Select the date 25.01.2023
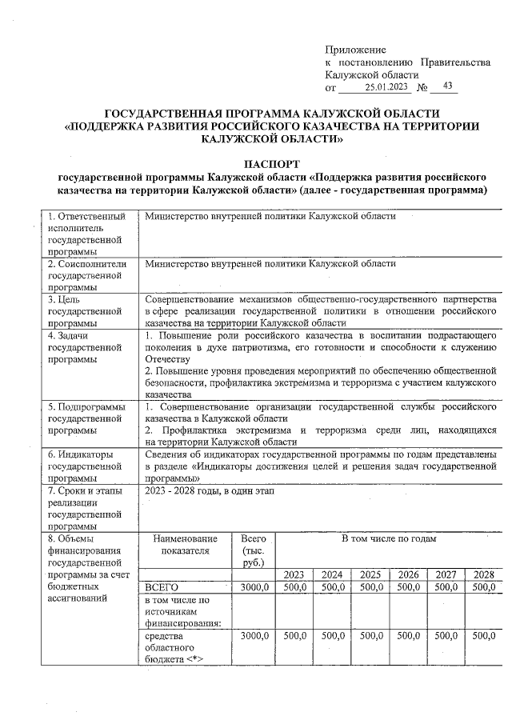(x=386, y=86)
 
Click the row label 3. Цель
(x=65, y=299)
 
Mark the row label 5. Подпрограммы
(x=90, y=408)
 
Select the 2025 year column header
(x=370, y=574)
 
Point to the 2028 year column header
(x=483, y=574)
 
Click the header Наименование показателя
(x=184, y=545)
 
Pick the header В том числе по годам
(x=389, y=539)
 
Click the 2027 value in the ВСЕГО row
(x=446, y=587)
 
